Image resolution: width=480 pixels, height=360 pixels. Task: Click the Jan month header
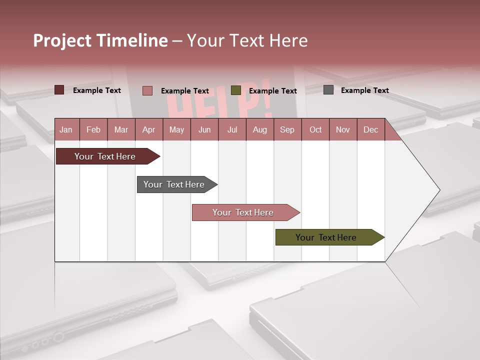click(x=66, y=130)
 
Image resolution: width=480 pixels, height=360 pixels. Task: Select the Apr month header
click(x=148, y=130)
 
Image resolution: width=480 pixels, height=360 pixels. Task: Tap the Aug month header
click(x=259, y=130)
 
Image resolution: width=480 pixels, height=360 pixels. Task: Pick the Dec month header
click(x=370, y=130)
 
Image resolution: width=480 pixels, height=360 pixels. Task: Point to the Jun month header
click(x=204, y=130)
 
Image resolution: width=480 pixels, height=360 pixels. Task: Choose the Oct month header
click(x=315, y=130)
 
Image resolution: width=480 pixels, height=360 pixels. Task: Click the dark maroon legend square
click(x=59, y=90)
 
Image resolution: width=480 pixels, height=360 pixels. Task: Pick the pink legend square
click(x=147, y=90)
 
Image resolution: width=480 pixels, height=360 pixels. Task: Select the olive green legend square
click(x=236, y=90)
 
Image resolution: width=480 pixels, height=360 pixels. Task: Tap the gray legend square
click(x=328, y=90)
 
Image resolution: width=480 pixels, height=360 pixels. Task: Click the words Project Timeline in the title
click(x=100, y=40)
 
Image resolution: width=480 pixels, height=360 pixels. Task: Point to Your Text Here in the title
click(x=247, y=40)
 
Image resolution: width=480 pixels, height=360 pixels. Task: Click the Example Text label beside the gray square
click(x=364, y=90)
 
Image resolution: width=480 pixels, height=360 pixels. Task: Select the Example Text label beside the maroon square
click(x=96, y=90)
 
